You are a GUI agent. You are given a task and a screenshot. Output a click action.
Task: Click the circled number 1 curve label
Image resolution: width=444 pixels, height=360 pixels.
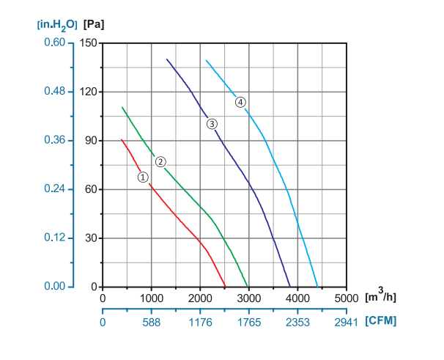click(144, 177)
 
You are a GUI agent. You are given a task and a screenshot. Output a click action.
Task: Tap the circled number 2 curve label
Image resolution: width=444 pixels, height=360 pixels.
click(160, 161)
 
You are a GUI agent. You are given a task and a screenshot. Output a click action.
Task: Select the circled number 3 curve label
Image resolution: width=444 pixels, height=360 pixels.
click(212, 124)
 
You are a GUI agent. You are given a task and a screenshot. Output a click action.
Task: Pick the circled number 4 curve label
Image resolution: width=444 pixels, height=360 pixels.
click(240, 102)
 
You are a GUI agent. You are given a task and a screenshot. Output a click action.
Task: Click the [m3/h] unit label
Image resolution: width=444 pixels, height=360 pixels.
click(380, 298)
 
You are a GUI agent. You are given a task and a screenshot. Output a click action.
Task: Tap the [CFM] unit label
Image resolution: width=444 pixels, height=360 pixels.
click(381, 321)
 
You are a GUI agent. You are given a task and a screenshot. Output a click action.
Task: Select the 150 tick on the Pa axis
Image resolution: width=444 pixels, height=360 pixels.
click(89, 43)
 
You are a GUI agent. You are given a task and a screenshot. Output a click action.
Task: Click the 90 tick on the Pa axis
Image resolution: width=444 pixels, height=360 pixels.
click(92, 140)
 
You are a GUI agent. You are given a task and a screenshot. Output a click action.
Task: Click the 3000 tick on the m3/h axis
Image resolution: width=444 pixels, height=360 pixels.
click(248, 298)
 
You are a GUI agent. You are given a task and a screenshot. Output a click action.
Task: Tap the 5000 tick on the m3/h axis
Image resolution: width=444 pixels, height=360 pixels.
click(346, 298)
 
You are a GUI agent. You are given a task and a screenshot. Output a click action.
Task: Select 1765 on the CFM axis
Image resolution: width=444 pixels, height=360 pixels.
click(248, 321)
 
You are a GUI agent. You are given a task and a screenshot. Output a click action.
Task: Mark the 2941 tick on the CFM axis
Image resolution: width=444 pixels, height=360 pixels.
click(346, 321)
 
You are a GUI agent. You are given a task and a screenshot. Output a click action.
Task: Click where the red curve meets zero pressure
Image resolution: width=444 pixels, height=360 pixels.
click(226, 287)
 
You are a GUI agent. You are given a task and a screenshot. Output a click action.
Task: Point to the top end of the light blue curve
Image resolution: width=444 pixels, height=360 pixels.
click(206, 60)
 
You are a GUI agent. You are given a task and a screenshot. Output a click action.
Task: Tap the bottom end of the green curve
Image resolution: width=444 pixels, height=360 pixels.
click(248, 287)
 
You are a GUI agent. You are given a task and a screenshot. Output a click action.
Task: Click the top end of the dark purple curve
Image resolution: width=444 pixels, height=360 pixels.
click(167, 59)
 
